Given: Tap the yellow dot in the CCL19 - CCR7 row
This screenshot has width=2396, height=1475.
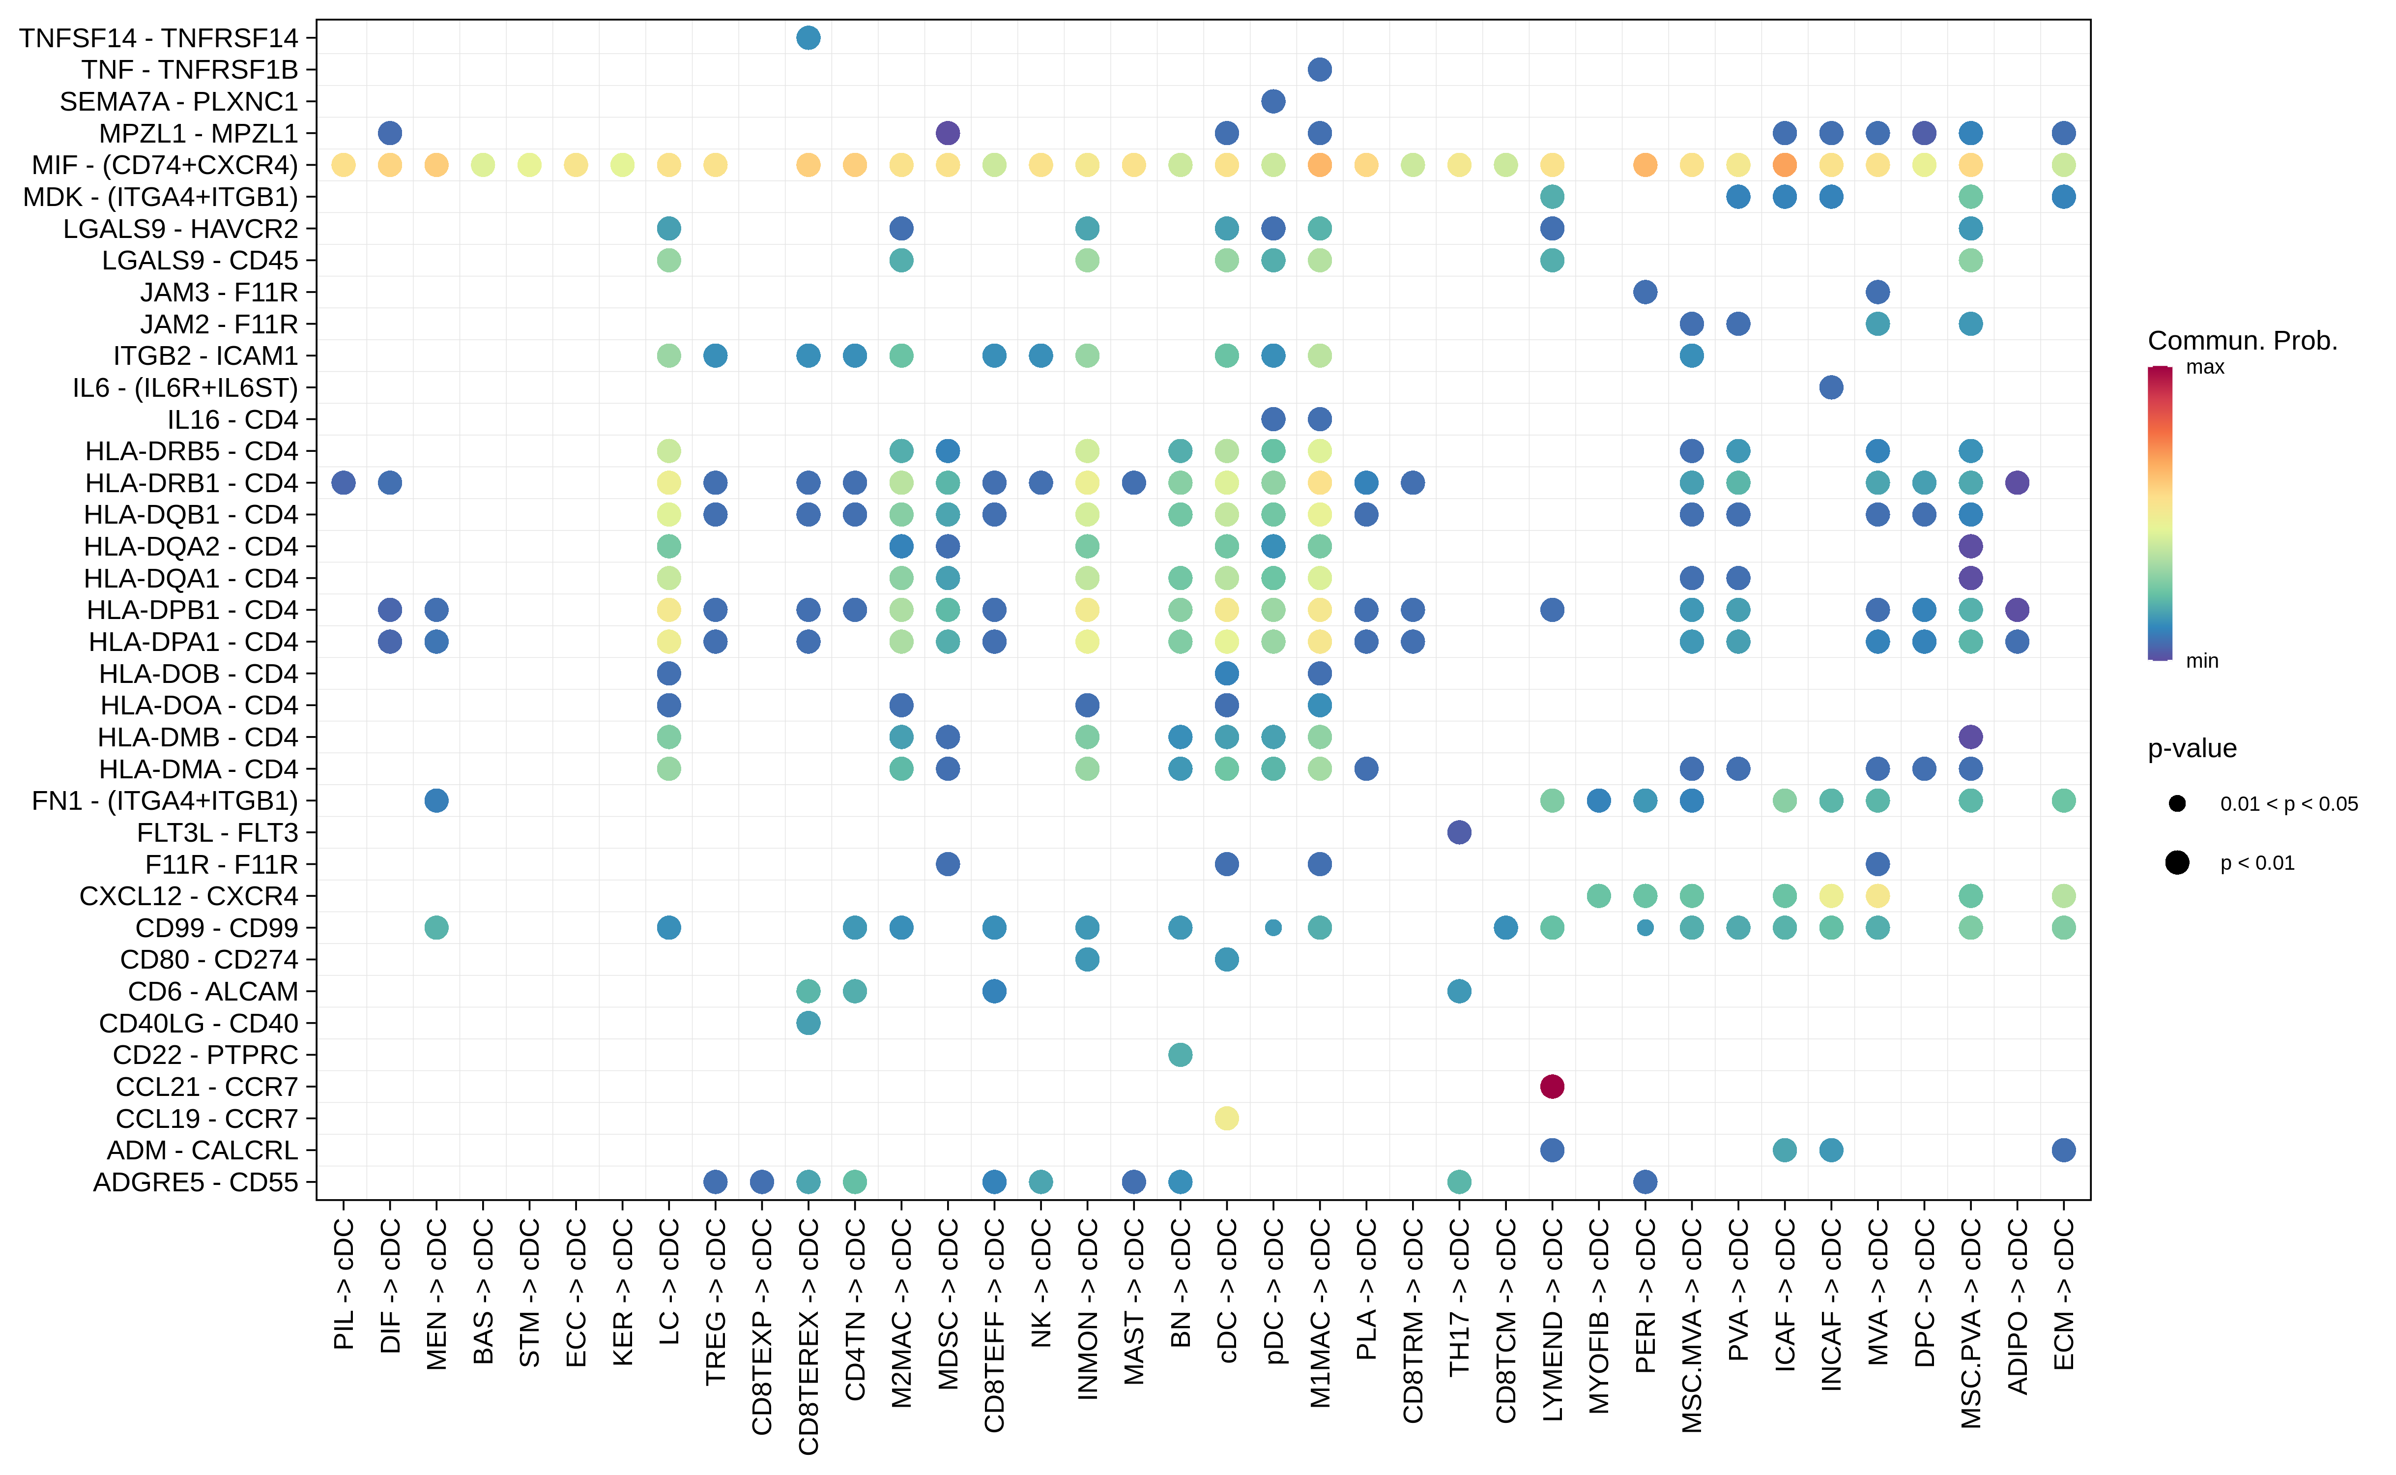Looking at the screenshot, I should (1227, 1118).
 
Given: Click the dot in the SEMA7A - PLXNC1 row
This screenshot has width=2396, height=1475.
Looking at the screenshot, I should (1272, 101).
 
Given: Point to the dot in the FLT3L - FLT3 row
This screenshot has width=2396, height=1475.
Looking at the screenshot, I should (1459, 832).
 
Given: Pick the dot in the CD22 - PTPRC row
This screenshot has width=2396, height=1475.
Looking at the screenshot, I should (1180, 1055).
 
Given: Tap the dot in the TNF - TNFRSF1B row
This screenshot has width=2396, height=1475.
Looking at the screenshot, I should (1320, 69).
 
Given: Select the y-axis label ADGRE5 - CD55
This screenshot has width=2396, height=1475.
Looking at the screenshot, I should (195, 1182).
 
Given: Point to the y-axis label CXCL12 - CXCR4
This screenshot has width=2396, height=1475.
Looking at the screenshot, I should (188, 895).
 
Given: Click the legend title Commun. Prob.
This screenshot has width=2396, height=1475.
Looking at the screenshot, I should (2242, 340).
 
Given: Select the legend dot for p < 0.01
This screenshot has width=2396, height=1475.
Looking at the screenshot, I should (2177, 862).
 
